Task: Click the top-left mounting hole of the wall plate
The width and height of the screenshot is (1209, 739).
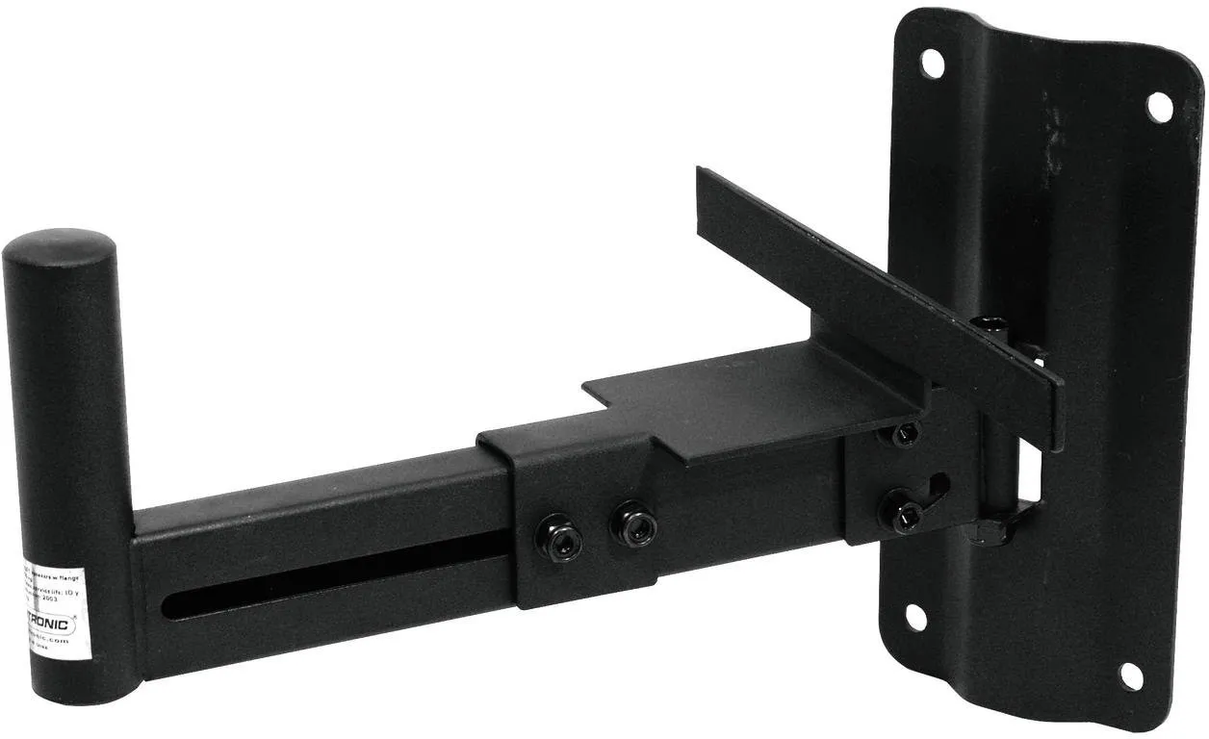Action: [x=932, y=64]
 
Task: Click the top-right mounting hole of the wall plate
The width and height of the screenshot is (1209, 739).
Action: [x=1160, y=106]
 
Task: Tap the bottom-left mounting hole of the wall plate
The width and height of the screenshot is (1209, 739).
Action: [x=915, y=617]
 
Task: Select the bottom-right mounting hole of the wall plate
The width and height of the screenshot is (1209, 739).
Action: [x=1132, y=675]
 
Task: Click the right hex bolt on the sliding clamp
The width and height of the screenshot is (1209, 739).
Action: [x=634, y=525]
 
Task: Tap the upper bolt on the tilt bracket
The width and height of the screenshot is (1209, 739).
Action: [x=904, y=435]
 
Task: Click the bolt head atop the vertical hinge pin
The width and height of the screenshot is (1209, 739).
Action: [x=988, y=324]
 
